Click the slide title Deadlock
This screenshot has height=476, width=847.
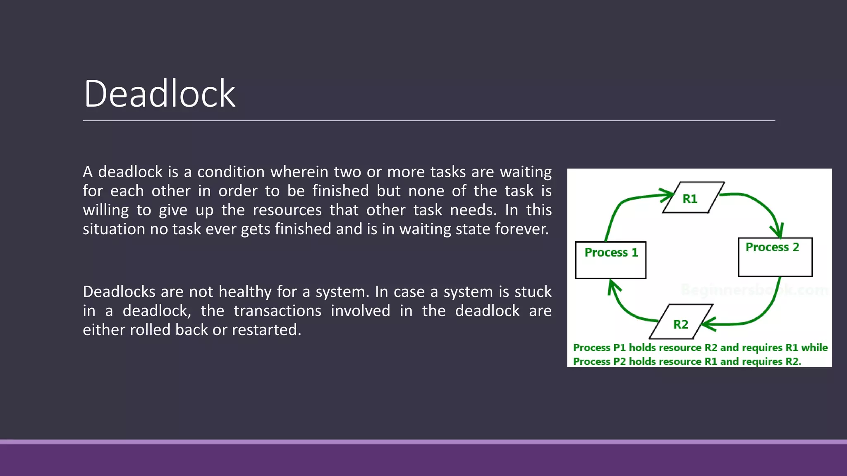pos(160,94)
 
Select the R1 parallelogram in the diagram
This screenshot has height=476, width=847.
pos(693,198)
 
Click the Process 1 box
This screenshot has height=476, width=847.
pos(610,260)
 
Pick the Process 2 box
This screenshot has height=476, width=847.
pos(775,257)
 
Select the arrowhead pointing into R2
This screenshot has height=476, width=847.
pos(708,324)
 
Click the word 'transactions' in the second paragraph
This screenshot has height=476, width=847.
pos(277,311)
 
